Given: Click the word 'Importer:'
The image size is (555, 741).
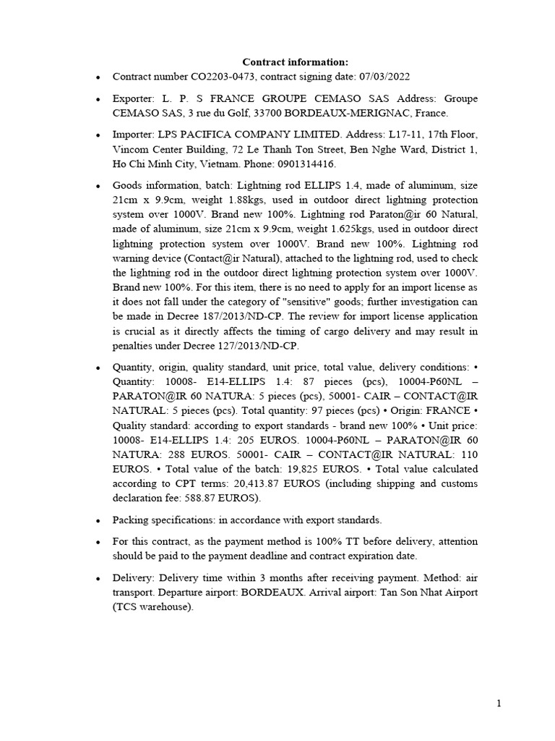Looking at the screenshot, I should pyautogui.click(x=133, y=135).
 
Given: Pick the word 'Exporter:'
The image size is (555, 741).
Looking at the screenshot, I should pyautogui.click(x=134, y=98).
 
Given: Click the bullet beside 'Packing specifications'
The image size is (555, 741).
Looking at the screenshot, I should pyautogui.click(x=97, y=520).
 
